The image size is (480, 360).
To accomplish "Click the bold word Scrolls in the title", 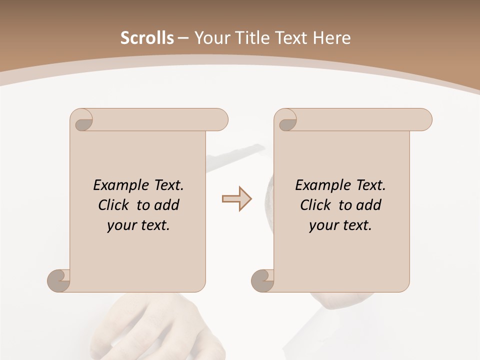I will click(x=147, y=38).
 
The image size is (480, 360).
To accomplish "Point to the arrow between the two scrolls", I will click(x=236, y=199).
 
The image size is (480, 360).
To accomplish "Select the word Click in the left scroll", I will click(x=115, y=205).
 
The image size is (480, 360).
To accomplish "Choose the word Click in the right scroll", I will click(x=317, y=205).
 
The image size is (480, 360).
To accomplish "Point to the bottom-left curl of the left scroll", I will click(x=58, y=280).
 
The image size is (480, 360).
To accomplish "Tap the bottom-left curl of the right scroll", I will click(x=262, y=280).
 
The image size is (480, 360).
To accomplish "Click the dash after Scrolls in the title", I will click(x=183, y=38).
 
